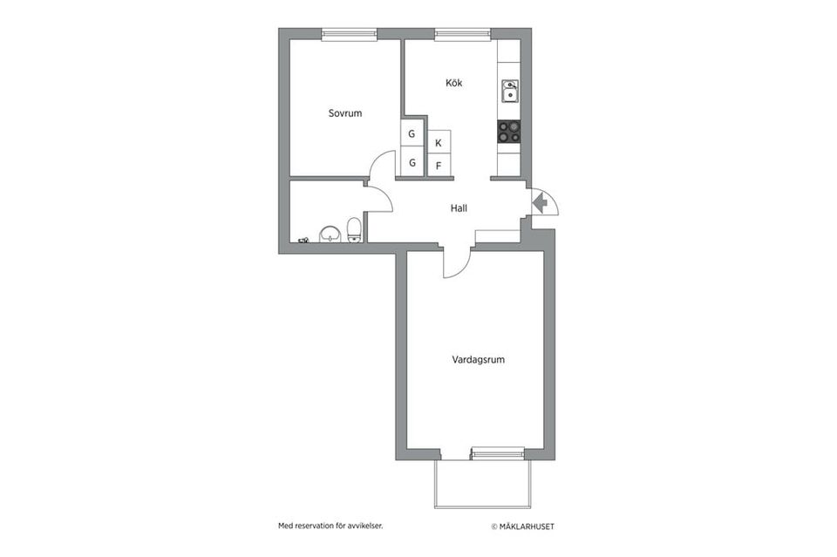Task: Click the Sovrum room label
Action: [344, 113]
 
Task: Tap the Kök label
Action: [453, 84]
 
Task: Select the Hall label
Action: [459, 208]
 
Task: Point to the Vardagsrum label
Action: [479, 359]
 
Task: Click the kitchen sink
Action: [509, 91]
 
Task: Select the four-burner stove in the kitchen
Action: [509, 132]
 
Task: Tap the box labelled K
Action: [439, 142]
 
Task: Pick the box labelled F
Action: [439, 166]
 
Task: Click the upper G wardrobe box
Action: [412, 134]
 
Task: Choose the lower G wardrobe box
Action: [412, 162]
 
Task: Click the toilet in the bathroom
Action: [354, 230]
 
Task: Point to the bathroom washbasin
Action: [330, 234]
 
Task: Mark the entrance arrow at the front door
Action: [540, 203]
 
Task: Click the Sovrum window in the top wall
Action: [348, 35]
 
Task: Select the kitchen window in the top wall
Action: [462, 35]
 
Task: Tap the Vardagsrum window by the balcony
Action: [497, 452]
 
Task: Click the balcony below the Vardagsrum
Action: [482, 483]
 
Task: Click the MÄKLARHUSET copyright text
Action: [522, 526]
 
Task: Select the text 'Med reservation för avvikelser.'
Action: [330, 526]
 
